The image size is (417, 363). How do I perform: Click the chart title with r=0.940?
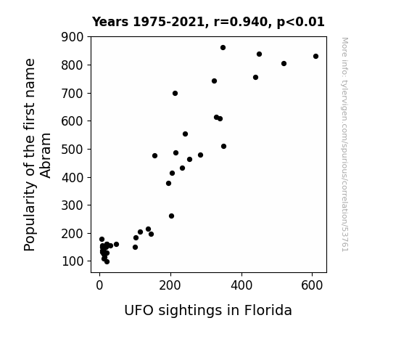click(x=208, y=22)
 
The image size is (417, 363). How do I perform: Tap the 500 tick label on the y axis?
click(x=72, y=150)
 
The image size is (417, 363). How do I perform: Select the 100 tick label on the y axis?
click(x=72, y=261)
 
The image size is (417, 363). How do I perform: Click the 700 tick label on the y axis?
click(x=72, y=94)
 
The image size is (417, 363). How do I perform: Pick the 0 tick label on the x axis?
click(x=99, y=285)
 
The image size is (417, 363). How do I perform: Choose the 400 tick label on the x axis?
click(x=241, y=285)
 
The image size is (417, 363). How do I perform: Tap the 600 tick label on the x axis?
click(x=312, y=285)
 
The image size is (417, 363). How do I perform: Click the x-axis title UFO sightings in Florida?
click(x=208, y=311)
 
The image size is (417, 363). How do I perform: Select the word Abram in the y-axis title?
click(x=46, y=155)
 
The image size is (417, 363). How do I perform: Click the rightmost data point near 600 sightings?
click(x=315, y=56)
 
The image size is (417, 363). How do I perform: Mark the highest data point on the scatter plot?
click(x=223, y=48)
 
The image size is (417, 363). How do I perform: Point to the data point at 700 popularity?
click(x=175, y=93)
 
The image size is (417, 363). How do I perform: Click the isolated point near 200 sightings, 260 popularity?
click(x=172, y=216)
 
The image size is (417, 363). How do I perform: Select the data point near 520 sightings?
click(x=284, y=63)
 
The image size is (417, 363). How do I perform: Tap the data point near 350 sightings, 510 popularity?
click(x=223, y=146)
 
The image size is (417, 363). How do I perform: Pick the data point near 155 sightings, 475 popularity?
click(x=154, y=155)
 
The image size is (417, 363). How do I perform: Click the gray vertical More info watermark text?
click(x=344, y=144)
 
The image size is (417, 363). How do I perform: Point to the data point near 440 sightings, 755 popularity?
click(x=255, y=77)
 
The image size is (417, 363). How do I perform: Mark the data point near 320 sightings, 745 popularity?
click(x=214, y=81)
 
